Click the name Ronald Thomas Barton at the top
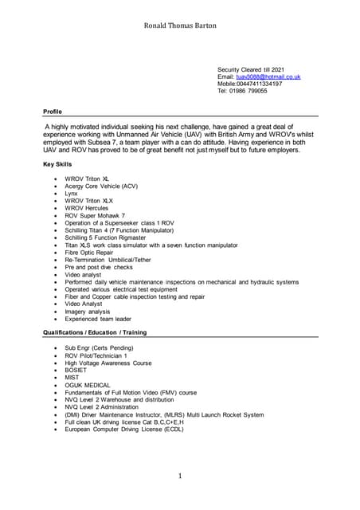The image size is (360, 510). click(x=179, y=25)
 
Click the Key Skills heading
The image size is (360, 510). click(x=57, y=163)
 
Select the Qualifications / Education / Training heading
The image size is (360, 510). click(x=95, y=331)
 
